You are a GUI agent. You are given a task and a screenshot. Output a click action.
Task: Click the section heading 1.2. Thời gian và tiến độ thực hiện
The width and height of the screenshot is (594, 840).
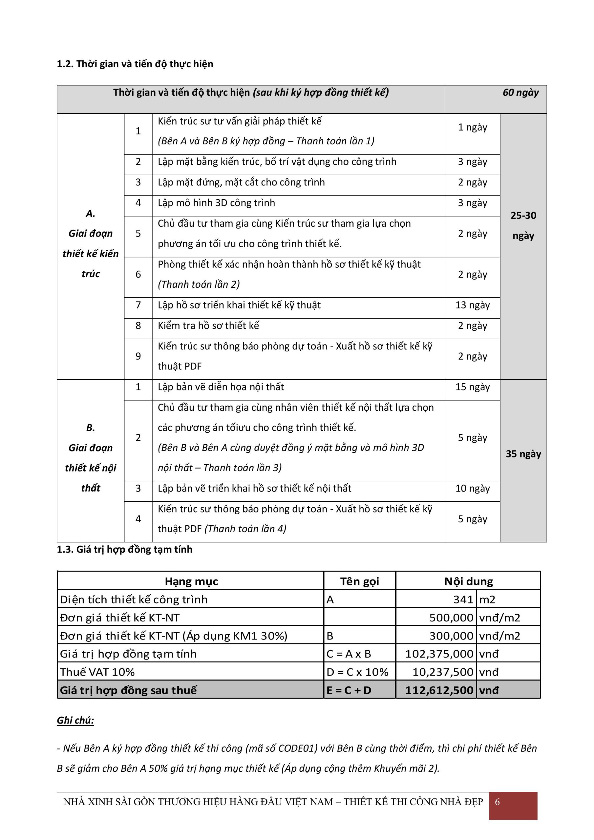pos(135,64)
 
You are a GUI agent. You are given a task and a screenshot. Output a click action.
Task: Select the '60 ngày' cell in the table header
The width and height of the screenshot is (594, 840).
pos(520,93)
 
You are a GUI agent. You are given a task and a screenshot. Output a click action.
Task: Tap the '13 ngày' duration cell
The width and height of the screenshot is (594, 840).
pos(472,305)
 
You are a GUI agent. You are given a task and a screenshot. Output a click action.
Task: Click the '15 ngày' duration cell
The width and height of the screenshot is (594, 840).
pos(472,387)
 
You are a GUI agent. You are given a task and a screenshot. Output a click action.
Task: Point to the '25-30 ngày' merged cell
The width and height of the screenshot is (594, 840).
pos(523,225)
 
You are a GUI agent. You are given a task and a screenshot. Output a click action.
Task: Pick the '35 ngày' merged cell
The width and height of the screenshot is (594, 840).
pos(523,454)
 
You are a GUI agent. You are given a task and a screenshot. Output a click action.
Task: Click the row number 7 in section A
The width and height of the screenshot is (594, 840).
pos(138,305)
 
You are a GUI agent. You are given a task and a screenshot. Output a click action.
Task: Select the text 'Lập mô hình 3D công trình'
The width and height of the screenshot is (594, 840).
pos(216,203)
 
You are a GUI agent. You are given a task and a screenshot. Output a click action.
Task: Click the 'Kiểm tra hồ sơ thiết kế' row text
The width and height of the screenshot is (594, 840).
pos(208,325)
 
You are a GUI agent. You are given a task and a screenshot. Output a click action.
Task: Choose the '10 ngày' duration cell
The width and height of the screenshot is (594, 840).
pos(472,489)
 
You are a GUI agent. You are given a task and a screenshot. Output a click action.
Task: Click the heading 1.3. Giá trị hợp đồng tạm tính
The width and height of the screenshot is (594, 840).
pos(124,550)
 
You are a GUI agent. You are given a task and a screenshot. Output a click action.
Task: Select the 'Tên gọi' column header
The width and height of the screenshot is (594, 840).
pos(359,582)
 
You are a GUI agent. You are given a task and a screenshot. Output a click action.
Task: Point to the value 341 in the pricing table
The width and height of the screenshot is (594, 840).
pos(463,599)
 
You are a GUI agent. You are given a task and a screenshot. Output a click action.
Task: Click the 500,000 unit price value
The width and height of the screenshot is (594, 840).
pos(451,618)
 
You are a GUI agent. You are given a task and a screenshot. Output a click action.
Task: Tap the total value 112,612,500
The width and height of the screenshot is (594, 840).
pos(439,690)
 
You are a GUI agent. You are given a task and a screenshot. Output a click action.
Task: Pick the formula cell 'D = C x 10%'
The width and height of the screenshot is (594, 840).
pos(357,672)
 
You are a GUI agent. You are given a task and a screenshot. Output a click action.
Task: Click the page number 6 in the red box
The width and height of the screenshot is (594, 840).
pos(498,802)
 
